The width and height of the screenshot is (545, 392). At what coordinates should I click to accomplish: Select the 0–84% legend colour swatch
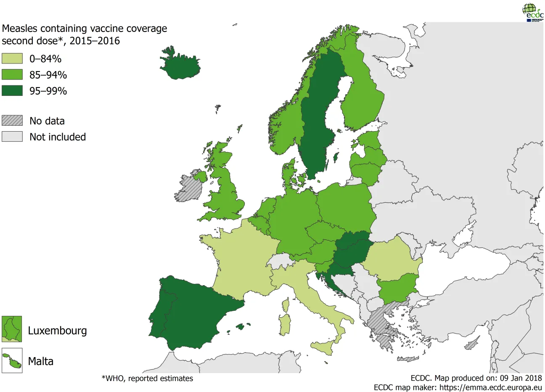click(x=12, y=58)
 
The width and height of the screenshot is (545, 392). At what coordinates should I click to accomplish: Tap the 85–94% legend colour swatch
click(x=12, y=74)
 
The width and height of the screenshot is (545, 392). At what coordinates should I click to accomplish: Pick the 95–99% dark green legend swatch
click(x=12, y=90)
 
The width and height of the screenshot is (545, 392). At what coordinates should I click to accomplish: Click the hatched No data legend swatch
click(x=12, y=120)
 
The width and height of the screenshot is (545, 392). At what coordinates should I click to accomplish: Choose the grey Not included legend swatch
click(x=12, y=137)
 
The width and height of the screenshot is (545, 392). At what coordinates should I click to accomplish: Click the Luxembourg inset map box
click(x=12, y=329)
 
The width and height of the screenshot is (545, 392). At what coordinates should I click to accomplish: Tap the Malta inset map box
click(x=12, y=360)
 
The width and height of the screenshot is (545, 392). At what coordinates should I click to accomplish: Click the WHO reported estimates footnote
click(x=147, y=379)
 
